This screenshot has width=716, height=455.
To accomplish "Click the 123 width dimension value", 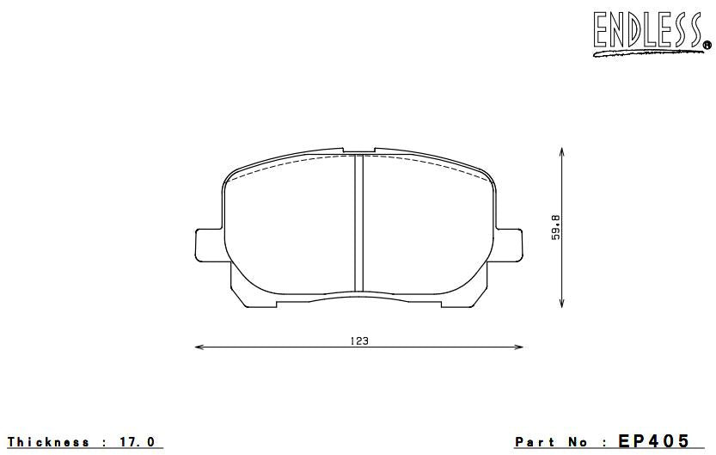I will pyautogui.click(x=359, y=341).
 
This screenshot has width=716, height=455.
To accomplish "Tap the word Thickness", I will pyautogui.click(x=50, y=442).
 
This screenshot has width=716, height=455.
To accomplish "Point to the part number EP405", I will pyautogui.click(x=653, y=441).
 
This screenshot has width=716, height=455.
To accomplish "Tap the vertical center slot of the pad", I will pyautogui.click(x=359, y=224).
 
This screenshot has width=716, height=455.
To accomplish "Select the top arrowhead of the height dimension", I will pyautogui.click(x=562, y=151).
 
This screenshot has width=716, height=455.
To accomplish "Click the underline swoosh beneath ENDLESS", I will pyautogui.click(x=645, y=52).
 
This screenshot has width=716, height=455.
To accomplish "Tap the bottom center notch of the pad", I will pyautogui.click(x=359, y=297).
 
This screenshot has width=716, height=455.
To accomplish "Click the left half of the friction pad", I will pyautogui.click(x=288, y=228).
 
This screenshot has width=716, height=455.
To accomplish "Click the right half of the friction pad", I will pyautogui.click(x=430, y=228).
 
